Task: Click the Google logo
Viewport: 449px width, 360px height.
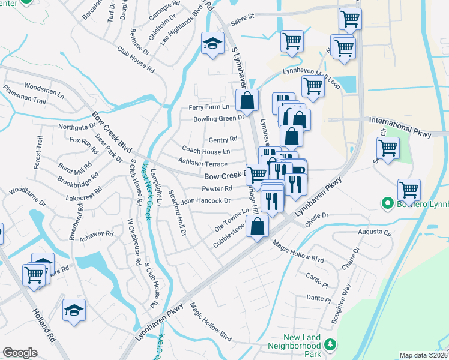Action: point(20,352)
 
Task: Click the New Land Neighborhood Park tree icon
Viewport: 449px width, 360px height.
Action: point(329,345)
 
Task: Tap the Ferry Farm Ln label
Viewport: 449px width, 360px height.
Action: point(209,107)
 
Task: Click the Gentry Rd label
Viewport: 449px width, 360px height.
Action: point(223,139)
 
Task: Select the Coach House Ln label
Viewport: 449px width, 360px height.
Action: point(206,152)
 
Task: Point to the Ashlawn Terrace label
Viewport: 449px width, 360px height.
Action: point(203,164)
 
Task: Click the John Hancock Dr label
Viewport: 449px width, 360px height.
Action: point(206,201)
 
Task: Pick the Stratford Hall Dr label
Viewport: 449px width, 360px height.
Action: point(179,214)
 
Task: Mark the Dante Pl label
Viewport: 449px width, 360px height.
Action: point(315,297)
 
